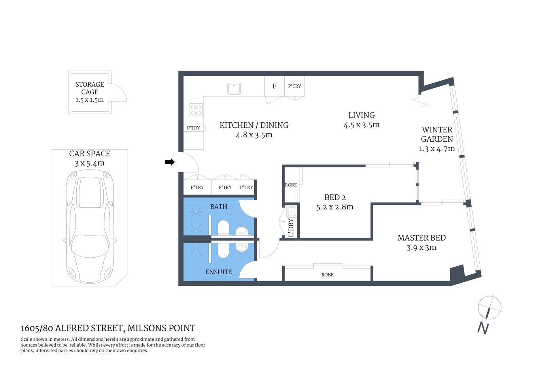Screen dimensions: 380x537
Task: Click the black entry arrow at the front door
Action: (x=170, y=162)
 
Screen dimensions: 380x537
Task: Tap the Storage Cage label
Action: (x=90, y=88)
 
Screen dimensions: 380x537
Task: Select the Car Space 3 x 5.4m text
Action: (x=90, y=158)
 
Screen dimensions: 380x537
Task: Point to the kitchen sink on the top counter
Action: (x=234, y=88)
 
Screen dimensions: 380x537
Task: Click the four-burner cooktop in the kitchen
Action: (x=196, y=110)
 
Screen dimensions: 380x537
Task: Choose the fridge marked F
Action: (x=274, y=86)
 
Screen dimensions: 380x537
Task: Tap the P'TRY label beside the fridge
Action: (x=294, y=86)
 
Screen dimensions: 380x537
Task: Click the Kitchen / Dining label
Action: (x=254, y=125)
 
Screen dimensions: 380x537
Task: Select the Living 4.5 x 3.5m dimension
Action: (x=361, y=125)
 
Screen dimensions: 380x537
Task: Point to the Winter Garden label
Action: (x=437, y=134)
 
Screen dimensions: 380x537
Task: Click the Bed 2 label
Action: (x=335, y=198)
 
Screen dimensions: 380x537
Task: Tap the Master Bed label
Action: (x=422, y=238)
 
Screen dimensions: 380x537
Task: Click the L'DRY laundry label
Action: (x=291, y=228)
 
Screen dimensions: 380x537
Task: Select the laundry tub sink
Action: (x=292, y=211)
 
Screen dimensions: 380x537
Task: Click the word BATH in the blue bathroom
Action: (x=218, y=207)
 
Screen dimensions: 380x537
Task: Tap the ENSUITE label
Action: (x=218, y=272)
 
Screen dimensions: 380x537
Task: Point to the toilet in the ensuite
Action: (x=223, y=250)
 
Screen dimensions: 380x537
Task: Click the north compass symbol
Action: (x=489, y=308)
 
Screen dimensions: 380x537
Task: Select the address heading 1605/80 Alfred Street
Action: (x=108, y=328)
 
